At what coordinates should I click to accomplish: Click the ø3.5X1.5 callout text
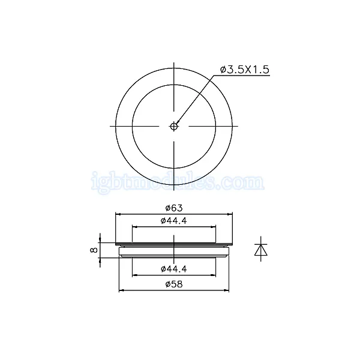click(244, 70)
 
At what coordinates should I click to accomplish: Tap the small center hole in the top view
click(174, 126)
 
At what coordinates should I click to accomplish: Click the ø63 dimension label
click(174, 208)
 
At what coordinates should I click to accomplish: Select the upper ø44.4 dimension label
click(174, 221)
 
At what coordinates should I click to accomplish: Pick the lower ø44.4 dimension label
click(174, 269)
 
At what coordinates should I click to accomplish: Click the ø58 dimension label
click(174, 284)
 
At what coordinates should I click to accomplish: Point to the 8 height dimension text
click(94, 250)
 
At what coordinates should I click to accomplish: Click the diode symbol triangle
click(261, 250)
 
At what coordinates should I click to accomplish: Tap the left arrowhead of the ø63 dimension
click(118, 214)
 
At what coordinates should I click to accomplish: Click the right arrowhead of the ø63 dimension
click(230, 214)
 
